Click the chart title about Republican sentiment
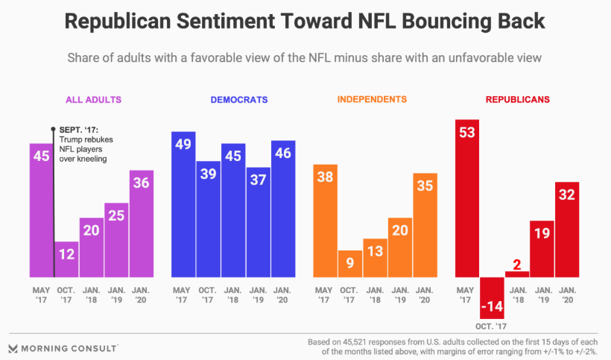(305, 21)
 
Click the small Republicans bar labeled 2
(517, 274)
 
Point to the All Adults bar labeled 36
(141, 224)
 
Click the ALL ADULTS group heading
(93, 99)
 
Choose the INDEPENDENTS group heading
(372, 99)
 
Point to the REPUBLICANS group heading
(518, 99)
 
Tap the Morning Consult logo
(63, 347)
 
